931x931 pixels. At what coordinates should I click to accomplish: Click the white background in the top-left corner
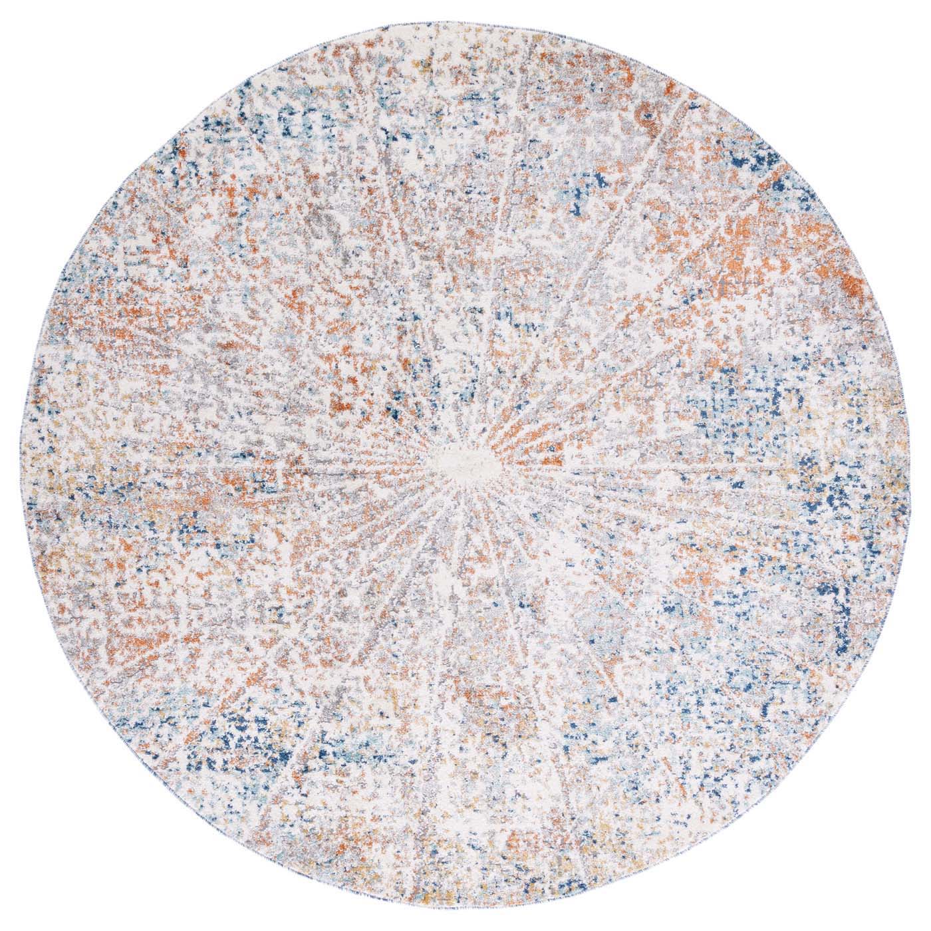40,40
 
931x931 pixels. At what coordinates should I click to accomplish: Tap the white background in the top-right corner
891,40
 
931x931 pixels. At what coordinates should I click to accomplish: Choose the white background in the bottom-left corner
40,891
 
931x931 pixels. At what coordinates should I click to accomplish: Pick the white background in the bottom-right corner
891,891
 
